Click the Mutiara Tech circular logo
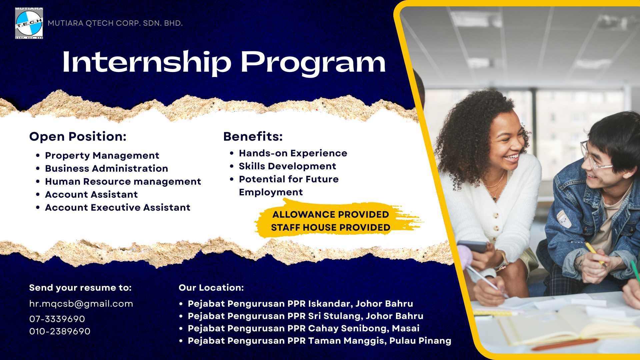pyautogui.click(x=29, y=23)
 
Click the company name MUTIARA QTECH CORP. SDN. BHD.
pyautogui.click(x=115, y=23)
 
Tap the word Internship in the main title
pyautogui.click(x=147, y=62)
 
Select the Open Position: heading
pyautogui.click(x=78, y=136)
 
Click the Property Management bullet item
pyautogui.click(x=102, y=156)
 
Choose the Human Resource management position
pyautogui.click(x=123, y=182)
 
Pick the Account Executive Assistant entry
pyautogui.click(x=118, y=208)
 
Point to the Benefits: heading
pyautogui.click(x=253, y=136)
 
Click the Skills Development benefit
pyautogui.click(x=287, y=166)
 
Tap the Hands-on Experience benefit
pyautogui.click(x=293, y=153)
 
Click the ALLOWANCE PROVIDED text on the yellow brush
pyautogui.click(x=331, y=214)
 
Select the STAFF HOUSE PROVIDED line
pyautogui.click(x=331, y=227)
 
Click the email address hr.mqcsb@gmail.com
pyautogui.click(x=81, y=304)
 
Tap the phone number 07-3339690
pyautogui.click(x=57, y=319)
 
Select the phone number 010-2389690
pyautogui.click(x=60, y=331)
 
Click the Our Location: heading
pyautogui.click(x=211, y=288)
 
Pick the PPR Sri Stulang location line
pyautogui.click(x=305, y=316)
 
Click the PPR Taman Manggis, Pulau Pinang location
pyautogui.click(x=319, y=341)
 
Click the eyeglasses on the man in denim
pyautogui.click(x=595, y=157)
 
